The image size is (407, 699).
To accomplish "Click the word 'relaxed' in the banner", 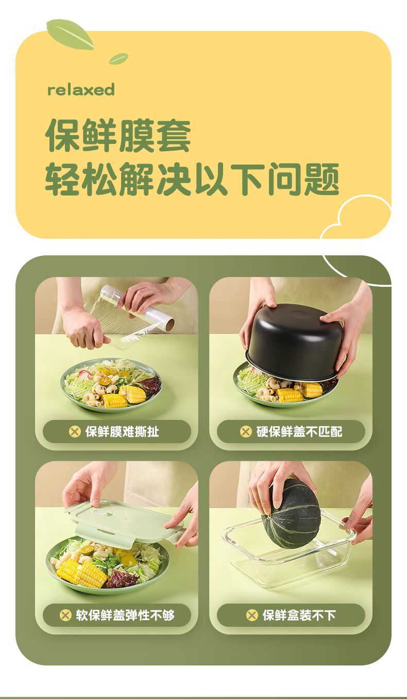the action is (81, 90).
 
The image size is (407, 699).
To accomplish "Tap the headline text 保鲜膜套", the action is (118, 136).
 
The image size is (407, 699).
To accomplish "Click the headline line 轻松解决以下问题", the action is (192, 179).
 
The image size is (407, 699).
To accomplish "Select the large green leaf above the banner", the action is (70, 34).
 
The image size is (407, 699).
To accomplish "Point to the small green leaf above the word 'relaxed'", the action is (118, 58).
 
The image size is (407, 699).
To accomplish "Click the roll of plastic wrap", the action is (137, 307).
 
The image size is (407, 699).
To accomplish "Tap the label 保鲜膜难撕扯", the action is (122, 432).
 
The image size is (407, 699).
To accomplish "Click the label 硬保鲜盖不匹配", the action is (299, 432).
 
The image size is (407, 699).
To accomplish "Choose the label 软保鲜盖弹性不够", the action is (125, 615).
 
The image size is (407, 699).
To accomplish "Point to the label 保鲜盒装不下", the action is (299, 615).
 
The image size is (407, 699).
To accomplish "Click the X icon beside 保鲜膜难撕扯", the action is (75, 432).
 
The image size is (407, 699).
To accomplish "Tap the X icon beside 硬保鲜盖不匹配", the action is (246, 432).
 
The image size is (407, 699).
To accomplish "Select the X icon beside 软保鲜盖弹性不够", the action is (65, 615).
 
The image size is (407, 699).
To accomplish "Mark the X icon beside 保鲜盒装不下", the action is (252, 615).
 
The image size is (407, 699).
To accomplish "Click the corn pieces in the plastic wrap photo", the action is (125, 397).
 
